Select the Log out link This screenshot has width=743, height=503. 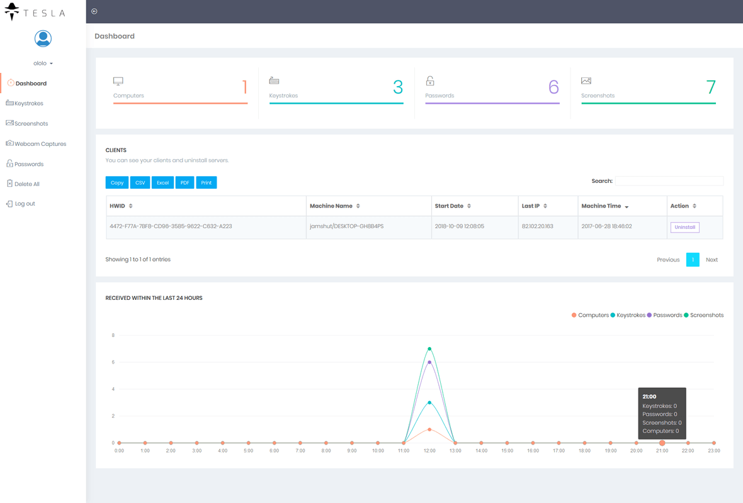25,204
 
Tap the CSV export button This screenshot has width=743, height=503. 140,182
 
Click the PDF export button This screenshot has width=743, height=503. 184,182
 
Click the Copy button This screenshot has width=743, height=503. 117,182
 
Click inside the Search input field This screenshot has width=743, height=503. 669,181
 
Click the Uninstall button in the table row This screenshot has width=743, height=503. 684,227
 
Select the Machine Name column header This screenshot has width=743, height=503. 331,206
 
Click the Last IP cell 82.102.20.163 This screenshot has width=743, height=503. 537,226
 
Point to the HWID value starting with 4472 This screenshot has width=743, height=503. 171,226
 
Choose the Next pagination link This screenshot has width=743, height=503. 712,260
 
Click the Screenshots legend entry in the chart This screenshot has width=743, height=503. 706,315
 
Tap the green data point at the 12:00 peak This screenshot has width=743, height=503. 429,348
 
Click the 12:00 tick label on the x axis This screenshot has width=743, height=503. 429,451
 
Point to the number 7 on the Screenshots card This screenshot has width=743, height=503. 711,87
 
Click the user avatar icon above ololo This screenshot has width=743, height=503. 43,39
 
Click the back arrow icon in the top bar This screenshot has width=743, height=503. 94,11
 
